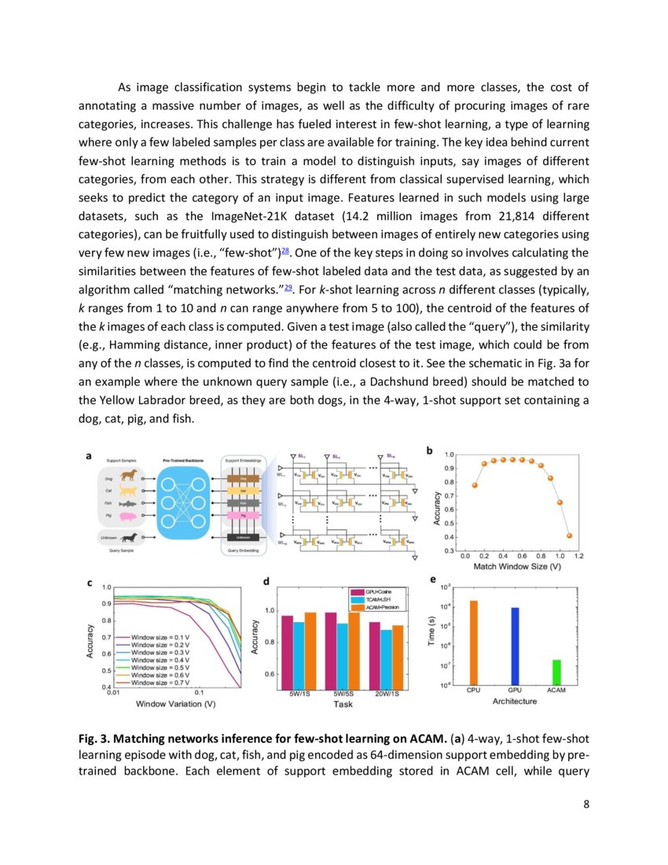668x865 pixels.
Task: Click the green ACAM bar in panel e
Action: point(556,672)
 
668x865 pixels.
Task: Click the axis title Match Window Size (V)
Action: point(516,565)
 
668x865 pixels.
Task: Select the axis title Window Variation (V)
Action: point(175,703)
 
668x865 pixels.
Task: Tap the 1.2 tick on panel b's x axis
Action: point(578,555)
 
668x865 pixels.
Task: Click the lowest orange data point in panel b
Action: point(570,536)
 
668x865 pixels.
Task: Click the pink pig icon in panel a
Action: point(128,517)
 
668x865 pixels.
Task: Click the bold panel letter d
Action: point(268,582)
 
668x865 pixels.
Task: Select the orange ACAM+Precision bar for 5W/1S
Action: point(311,651)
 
